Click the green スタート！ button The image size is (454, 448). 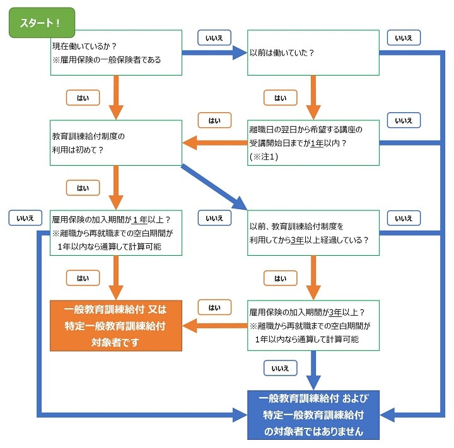(x=41, y=23)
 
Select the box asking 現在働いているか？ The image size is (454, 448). (x=116, y=52)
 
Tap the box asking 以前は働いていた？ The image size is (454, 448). (x=313, y=52)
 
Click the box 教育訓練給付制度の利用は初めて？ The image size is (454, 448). (x=116, y=142)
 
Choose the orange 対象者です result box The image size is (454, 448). (x=116, y=325)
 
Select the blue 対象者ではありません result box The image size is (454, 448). (x=313, y=415)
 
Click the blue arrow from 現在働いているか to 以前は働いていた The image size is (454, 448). (x=214, y=53)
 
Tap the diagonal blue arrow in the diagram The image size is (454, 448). (x=214, y=187)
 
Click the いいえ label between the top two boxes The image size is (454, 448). (x=214, y=38)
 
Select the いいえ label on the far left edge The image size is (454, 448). (x=25, y=218)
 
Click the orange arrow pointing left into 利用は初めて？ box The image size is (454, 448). (x=214, y=143)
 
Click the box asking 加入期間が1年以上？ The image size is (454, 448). (x=116, y=233)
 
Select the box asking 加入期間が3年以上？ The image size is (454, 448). (x=313, y=325)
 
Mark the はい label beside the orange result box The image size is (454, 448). (x=214, y=307)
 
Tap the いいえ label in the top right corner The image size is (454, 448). (x=404, y=38)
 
